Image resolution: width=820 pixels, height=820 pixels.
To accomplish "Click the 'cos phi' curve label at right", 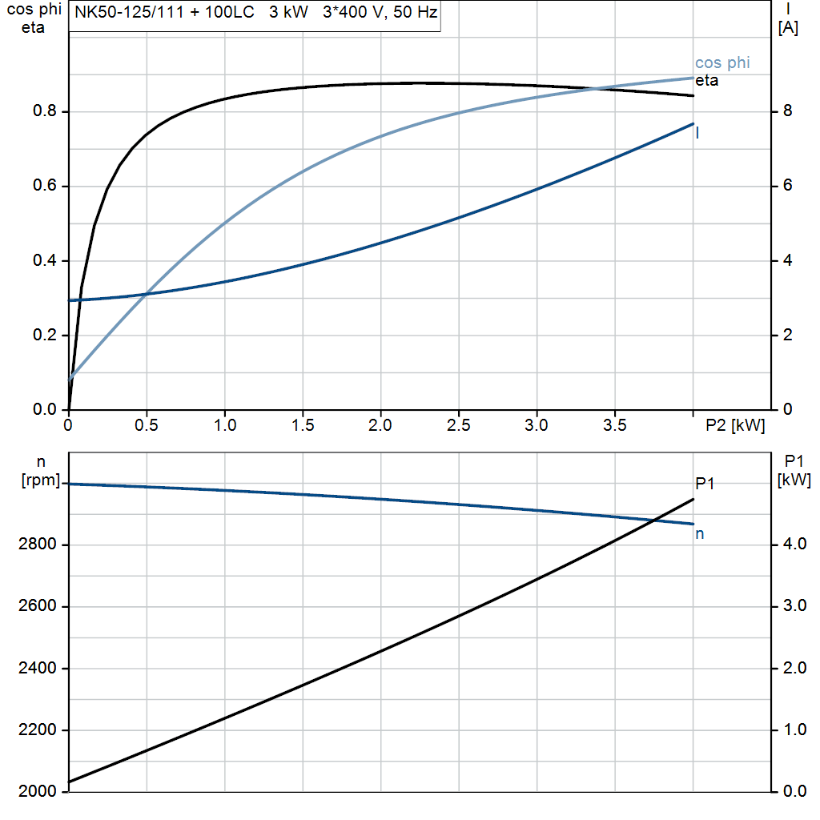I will point(722,63).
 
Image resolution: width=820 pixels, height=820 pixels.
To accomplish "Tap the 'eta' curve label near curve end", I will point(706,81).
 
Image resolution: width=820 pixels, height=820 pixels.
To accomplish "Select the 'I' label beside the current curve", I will point(697,133).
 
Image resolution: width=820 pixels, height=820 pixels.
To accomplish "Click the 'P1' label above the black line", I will point(705,483).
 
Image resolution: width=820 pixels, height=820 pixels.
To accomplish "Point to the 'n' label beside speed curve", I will point(699,533).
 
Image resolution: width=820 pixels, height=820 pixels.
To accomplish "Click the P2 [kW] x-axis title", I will point(734,426).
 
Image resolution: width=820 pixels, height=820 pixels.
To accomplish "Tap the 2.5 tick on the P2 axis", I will point(459,426).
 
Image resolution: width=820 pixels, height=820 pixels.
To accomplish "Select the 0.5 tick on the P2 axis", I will point(147,426).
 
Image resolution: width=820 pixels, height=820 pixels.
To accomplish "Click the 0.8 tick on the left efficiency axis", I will point(45,111).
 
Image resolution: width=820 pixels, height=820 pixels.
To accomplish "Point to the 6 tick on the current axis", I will point(787,186).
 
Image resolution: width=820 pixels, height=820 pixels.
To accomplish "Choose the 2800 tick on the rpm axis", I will point(36,545).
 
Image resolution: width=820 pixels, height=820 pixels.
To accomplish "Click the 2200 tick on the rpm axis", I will point(36,730).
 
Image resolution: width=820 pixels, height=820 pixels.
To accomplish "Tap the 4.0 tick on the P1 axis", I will point(794,545).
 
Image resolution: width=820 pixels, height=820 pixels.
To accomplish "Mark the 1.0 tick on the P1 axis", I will point(794,730).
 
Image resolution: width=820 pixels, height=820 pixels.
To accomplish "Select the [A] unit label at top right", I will point(787,29).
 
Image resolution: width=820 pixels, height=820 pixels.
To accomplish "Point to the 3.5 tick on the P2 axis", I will point(615,426).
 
